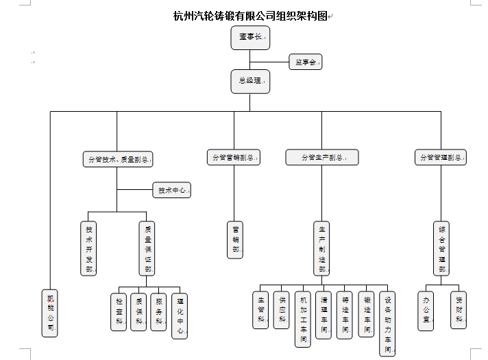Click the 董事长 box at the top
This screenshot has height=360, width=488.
[x=250, y=38]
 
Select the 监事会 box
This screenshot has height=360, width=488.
[x=305, y=62]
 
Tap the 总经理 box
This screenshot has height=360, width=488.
[x=250, y=81]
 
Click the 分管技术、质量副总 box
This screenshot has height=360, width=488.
[x=117, y=159]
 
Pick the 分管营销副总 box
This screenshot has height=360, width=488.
[x=234, y=157]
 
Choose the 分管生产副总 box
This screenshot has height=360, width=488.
[x=322, y=157]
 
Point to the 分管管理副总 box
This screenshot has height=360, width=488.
[x=441, y=157]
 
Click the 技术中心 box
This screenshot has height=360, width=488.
[x=171, y=190]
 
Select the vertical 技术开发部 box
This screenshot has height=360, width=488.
[x=88, y=248]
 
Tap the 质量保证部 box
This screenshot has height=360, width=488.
[x=147, y=248]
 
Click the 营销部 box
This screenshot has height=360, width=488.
[x=235, y=239]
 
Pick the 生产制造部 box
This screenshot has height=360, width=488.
[x=322, y=248]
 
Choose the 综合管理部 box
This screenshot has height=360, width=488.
[x=441, y=248]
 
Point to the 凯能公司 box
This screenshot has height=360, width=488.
[x=50, y=312]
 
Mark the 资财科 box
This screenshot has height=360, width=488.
[x=459, y=310]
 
